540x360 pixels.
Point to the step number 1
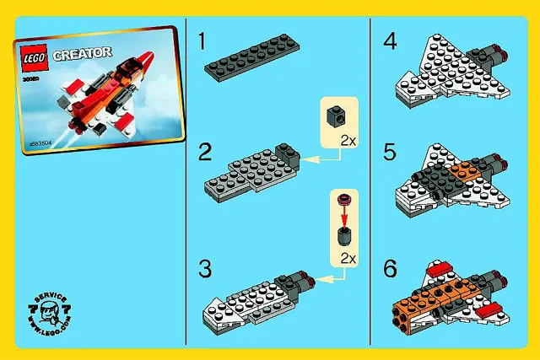coord(203,40)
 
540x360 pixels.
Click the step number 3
coord(203,269)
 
